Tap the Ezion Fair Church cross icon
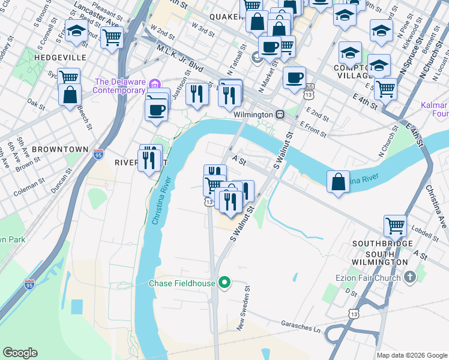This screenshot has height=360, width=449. tap(410, 277)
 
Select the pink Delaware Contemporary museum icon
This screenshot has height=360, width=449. tap(155, 82)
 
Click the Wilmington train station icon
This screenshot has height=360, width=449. tap(280, 114)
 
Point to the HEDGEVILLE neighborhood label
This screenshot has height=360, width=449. tap(52, 58)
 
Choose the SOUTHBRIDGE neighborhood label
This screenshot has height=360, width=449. tap(382, 244)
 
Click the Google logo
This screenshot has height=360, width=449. tap(20, 353)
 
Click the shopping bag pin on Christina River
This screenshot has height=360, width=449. tap(339, 181)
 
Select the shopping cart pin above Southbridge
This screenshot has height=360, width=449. tap(395, 226)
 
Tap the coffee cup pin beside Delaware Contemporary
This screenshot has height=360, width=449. tap(157, 110)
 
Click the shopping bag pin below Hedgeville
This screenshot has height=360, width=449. tap(70, 94)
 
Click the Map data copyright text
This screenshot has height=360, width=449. tap(411, 355)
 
